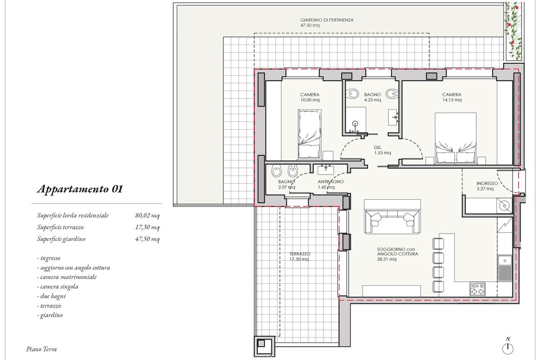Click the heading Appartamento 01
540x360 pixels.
click(80, 189)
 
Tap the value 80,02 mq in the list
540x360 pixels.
click(147, 215)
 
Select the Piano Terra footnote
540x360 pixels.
click(41, 349)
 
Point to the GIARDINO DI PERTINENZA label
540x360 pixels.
click(327, 20)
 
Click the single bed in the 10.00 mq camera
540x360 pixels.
click(310, 134)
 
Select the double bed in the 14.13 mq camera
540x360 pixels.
click(455, 139)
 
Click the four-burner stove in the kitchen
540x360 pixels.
click(477, 289)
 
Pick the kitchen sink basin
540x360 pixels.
click(504, 261)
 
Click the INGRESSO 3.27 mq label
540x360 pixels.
click(487, 186)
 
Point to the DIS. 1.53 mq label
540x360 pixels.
click(382, 150)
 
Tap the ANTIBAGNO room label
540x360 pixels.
click(330, 182)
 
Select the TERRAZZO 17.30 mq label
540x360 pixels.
click(300, 256)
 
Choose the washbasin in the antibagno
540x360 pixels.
click(326, 170)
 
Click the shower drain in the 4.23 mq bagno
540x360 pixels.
click(355, 124)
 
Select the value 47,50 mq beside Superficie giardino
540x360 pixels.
click(147, 239)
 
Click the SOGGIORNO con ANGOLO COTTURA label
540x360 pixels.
click(397, 254)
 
